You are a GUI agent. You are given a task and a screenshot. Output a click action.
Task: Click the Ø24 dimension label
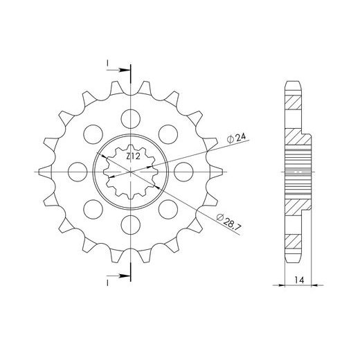tap(236, 138)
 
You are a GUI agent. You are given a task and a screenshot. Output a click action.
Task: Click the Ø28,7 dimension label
tap(228, 222)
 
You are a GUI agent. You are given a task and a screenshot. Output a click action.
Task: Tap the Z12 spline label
tap(134, 156)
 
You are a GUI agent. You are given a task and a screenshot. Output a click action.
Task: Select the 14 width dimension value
tap(299, 280)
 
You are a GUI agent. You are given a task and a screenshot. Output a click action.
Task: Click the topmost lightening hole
tap(131, 119)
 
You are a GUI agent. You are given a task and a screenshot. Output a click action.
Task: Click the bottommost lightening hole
tap(131, 225)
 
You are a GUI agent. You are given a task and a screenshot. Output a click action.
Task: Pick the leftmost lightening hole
tap(78, 172)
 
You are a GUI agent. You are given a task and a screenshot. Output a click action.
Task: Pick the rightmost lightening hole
tap(183, 172)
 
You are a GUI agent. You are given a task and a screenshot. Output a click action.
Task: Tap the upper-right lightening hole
tap(168, 134)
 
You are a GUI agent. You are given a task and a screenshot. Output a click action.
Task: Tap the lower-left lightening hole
tap(93, 209)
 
